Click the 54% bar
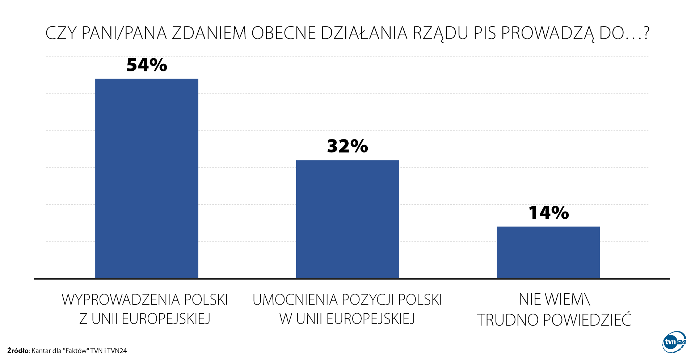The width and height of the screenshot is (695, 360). (x=147, y=179)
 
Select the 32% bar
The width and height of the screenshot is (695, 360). (x=347, y=219)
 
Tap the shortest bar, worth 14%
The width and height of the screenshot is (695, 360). (x=548, y=252)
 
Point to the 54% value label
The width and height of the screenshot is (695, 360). (x=147, y=65)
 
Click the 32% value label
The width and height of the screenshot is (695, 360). (x=347, y=146)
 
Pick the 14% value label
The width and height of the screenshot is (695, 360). (x=548, y=213)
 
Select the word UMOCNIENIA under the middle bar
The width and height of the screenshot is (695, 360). (x=295, y=300)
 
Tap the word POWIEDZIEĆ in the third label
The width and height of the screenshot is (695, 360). (x=587, y=320)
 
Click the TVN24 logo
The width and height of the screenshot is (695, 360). (x=674, y=342)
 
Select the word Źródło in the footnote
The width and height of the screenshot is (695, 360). (x=18, y=351)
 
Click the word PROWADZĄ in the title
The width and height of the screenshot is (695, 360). (x=548, y=33)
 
